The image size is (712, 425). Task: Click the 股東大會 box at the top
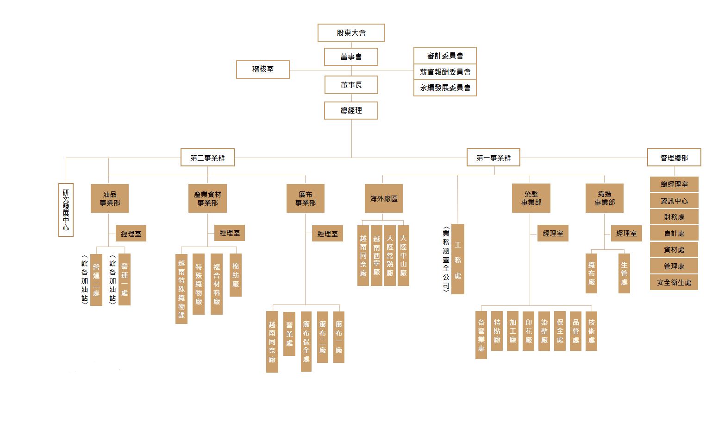(x=351, y=33)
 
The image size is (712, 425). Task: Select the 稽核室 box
(x=262, y=69)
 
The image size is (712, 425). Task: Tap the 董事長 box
(x=351, y=85)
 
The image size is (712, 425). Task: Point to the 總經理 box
(x=351, y=110)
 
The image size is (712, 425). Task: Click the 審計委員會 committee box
(x=445, y=56)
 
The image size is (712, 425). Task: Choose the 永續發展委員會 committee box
(x=445, y=88)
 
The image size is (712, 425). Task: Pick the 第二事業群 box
(x=207, y=158)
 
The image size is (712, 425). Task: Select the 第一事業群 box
(x=493, y=158)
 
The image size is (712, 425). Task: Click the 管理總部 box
(x=674, y=158)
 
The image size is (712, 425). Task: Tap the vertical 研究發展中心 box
(x=66, y=210)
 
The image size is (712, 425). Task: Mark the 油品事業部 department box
(x=110, y=198)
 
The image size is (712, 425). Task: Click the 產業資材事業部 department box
(x=207, y=198)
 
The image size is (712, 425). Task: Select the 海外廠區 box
(x=383, y=198)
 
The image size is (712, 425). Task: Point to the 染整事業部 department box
(x=531, y=198)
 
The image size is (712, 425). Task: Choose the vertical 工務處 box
(x=458, y=259)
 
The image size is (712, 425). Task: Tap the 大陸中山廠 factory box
(x=403, y=255)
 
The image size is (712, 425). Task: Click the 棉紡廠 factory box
(x=236, y=275)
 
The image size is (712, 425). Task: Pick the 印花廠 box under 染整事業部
(x=529, y=330)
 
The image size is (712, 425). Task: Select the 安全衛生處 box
(x=674, y=282)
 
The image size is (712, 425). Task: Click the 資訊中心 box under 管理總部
(x=674, y=201)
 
